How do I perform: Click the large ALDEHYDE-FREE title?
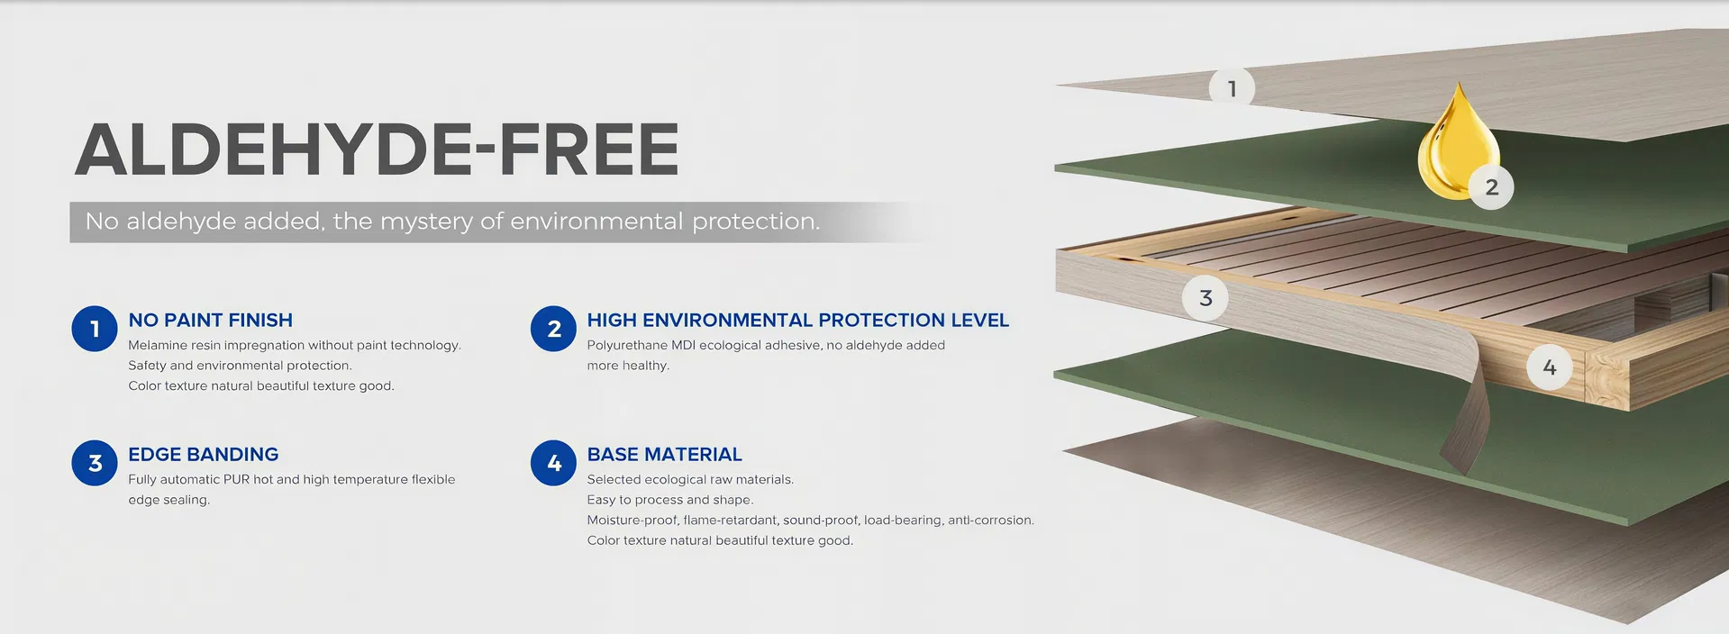coord(377,149)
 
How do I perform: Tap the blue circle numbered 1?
coord(95,329)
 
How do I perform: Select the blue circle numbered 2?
coord(553,329)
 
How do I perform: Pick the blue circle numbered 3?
coord(95,463)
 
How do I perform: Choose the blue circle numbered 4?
coord(553,463)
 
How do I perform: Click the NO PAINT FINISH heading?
coord(210,321)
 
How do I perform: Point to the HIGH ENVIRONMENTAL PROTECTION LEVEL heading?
coord(797,321)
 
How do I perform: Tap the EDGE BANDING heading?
coord(203,455)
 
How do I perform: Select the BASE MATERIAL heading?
coord(664,455)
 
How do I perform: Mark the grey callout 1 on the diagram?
coord(1232,88)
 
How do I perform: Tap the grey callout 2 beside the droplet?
coord(1491,187)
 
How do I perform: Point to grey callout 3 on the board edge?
coord(1206,298)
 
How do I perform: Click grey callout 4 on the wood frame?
coord(1549,367)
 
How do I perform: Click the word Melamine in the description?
coord(157,346)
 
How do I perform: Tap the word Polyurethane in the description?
coord(627,346)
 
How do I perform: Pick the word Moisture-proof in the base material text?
coord(631,521)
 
